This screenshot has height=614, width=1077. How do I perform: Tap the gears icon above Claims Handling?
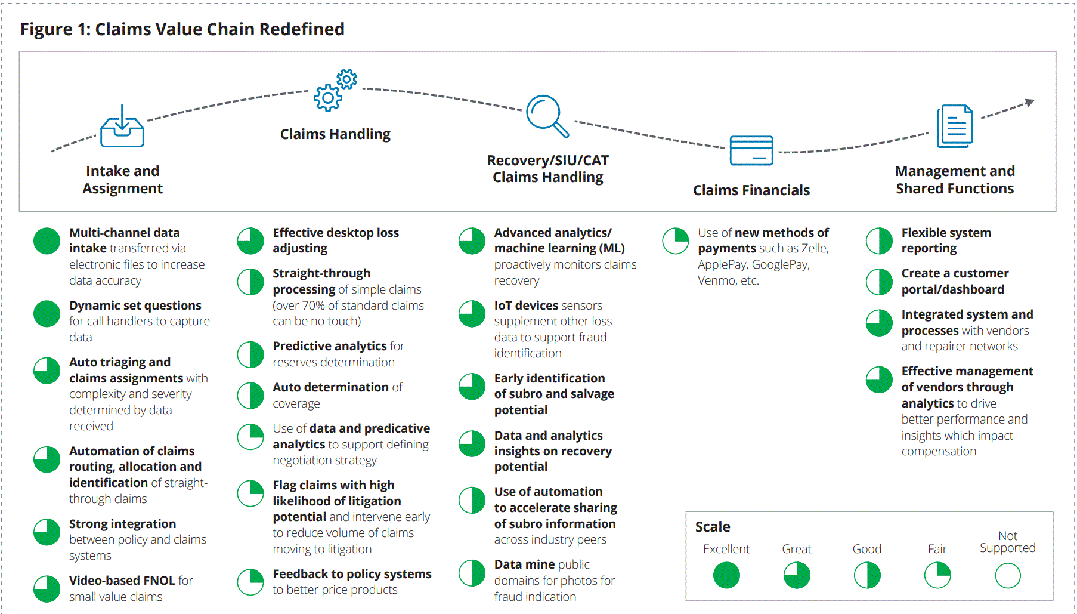[x=336, y=90]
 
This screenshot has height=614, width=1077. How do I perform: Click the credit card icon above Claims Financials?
[x=751, y=150]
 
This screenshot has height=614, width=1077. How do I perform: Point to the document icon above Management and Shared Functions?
[x=955, y=126]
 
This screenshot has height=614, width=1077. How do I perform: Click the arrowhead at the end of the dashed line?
[x=1030, y=103]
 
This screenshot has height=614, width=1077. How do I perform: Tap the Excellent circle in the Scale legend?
[x=726, y=576]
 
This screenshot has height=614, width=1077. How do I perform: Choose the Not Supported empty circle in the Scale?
[x=1008, y=576]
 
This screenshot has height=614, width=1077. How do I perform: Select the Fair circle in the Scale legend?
[x=937, y=576]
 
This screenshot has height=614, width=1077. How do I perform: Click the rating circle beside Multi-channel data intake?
[x=47, y=241]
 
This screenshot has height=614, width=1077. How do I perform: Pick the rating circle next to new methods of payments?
[x=676, y=241]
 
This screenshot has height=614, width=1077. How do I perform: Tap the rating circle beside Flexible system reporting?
[x=879, y=241]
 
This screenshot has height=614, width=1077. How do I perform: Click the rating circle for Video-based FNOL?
[x=47, y=589]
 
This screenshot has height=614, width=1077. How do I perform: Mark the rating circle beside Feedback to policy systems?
[x=250, y=582]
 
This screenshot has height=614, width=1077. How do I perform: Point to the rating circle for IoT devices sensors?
[x=472, y=314]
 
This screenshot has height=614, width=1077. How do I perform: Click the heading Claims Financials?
[x=751, y=190]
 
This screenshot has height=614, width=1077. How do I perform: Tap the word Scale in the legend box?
[x=713, y=527]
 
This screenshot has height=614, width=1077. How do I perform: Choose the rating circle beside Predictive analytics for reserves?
[x=250, y=355]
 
